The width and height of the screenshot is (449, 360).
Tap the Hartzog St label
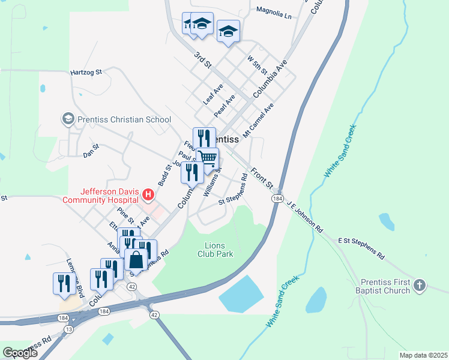click(86, 71)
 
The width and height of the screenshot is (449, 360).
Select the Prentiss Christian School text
click(124, 119)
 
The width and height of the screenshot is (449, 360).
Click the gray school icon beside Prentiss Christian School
click(68, 119)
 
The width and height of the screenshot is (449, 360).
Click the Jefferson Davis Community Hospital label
click(101, 195)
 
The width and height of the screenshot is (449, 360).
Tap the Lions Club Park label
click(215, 250)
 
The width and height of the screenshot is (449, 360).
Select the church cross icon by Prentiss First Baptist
click(420, 286)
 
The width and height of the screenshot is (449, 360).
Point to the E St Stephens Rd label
click(361, 247)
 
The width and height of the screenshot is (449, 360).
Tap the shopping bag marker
click(136, 260)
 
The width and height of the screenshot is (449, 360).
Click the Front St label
click(262, 177)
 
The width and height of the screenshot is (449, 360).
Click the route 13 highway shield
click(70, 329)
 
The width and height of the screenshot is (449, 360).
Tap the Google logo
click(20, 352)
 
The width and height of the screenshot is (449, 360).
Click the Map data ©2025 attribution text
click(423, 355)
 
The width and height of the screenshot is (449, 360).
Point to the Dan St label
click(91, 154)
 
